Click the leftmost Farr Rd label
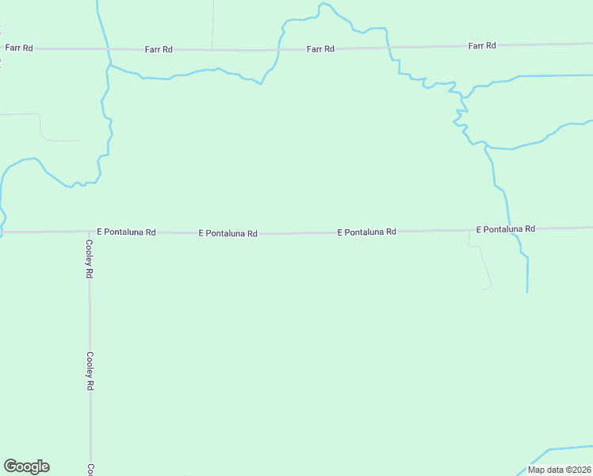(x=19, y=48)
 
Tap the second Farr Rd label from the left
(x=159, y=49)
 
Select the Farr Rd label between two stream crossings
(x=321, y=49)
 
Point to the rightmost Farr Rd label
(x=482, y=46)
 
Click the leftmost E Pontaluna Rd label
(x=126, y=232)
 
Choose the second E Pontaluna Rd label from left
(x=228, y=234)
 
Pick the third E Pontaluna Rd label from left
(x=366, y=232)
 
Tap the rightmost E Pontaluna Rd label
(x=506, y=229)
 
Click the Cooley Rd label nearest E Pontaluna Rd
(x=90, y=259)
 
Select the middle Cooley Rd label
(x=90, y=371)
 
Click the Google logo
(x=26, y=466)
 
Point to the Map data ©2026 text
(x=558, y=470)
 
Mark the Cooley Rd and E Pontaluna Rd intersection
(x=89, y=232)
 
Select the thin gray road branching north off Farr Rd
(x=212, y=24)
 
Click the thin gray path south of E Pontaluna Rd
(x=485, y=266)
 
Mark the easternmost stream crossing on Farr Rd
(x=388, y=48)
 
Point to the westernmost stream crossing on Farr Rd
(x=107, y=48)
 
